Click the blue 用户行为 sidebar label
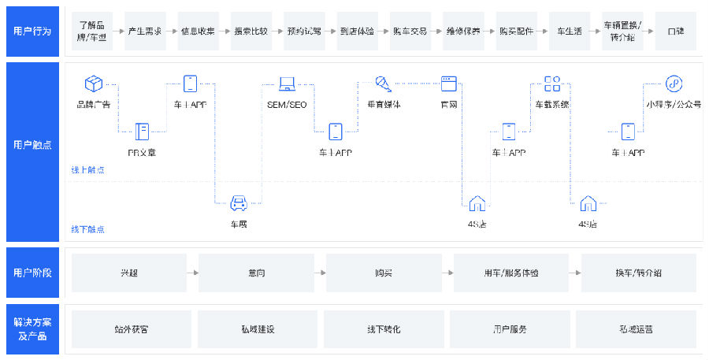tap(32, 32)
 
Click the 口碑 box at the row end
tap(675, 32)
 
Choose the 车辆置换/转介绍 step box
tap(622, 32)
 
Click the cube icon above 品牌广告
tap(94, 83)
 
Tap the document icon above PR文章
tap(142, 131)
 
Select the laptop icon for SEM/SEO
tap(286, 83)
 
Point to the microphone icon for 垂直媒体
tap(384, 83)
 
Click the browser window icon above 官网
tap(449, 83)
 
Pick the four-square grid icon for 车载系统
tap(552, 84)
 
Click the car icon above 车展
tap(239, 203)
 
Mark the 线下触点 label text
tap(88, 229)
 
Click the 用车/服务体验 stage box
tap(512, 273)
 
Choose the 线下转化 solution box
tap(384, 329)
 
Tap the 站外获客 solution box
tap(132, 329)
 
